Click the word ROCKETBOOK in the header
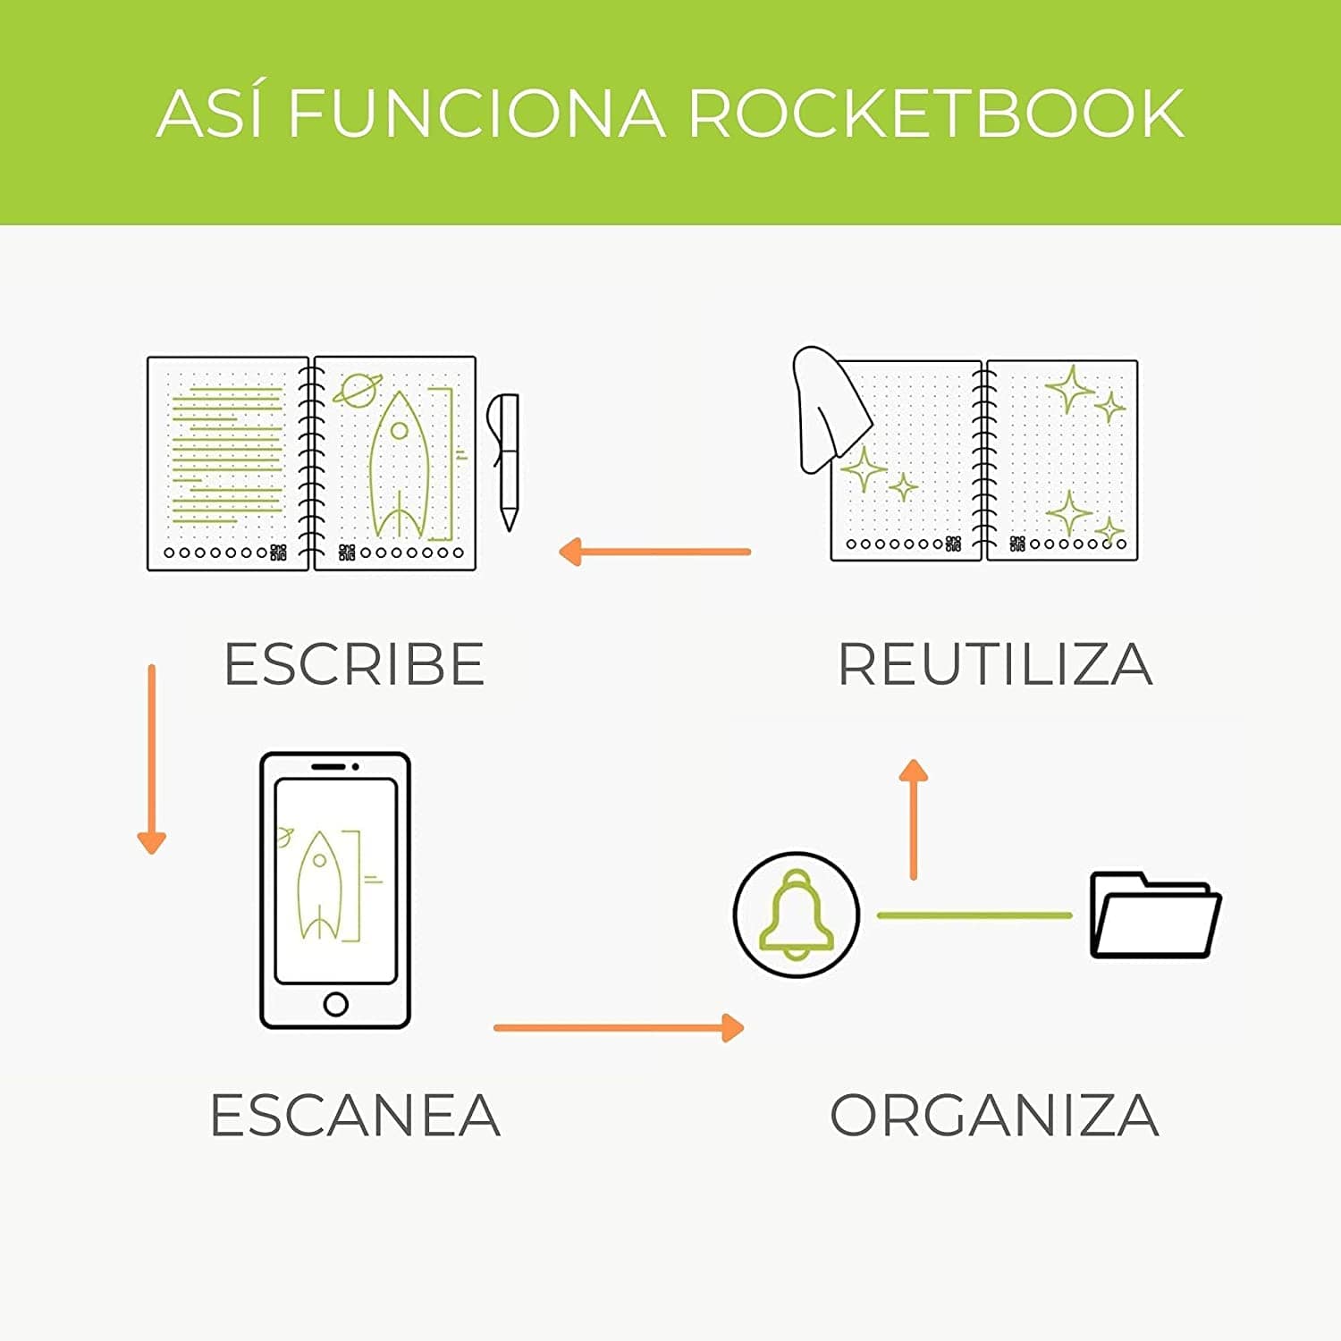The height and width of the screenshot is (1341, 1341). (936, 114)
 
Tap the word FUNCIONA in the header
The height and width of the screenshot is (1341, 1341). (477, 114)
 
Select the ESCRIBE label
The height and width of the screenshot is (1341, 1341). (354, 664)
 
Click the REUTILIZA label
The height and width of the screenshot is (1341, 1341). (995, 664)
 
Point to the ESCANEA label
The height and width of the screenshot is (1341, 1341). (355, 1115)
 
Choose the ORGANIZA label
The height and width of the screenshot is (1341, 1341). (994, 1115)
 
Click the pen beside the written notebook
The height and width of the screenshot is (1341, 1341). (505, 460)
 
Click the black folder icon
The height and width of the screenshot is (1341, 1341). (1154, 915)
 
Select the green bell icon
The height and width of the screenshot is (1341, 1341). (796, 915)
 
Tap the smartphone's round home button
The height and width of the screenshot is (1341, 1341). (335, 1004)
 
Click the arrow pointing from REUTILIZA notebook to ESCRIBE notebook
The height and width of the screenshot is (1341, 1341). (654, 552)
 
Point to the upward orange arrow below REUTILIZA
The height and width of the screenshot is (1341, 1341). (913, 818)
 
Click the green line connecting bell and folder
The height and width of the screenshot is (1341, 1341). (974, 915)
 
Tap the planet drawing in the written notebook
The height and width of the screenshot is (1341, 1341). (356, 390)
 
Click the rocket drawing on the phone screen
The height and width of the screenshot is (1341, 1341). (318, 885)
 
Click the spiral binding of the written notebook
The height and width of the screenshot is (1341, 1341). (310, 463)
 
